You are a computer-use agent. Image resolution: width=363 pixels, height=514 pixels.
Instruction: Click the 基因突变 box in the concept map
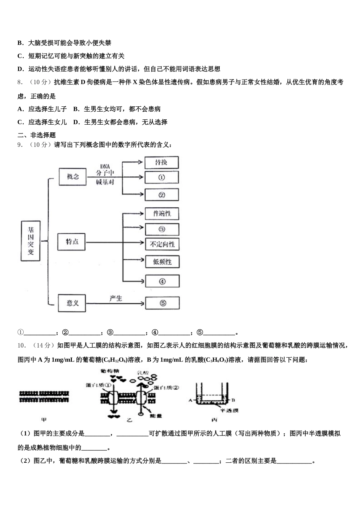point(31,241)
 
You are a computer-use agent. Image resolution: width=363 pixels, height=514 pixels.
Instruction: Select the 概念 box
point(73,176)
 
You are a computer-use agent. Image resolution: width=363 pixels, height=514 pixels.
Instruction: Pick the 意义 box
point(73,303)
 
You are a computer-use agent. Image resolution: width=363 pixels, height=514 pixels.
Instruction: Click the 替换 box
point(161,163)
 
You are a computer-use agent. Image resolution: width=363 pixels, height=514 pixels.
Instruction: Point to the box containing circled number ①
point(161,177)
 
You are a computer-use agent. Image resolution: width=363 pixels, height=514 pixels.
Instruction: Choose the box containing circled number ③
point(162,229)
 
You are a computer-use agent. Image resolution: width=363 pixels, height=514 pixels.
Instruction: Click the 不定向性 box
point(162,244)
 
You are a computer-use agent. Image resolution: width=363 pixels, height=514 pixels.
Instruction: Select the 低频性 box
point(162,262)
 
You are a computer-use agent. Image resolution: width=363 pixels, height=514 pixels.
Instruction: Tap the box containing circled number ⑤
point(162,303)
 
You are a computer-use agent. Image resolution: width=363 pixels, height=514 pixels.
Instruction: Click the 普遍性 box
point(162,213)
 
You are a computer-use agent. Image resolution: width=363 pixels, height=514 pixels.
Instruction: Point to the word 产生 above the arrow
point(115,298)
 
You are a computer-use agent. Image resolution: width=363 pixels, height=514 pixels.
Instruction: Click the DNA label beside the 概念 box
point(105,166)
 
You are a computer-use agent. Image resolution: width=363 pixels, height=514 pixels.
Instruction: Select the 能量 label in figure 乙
point(152,415)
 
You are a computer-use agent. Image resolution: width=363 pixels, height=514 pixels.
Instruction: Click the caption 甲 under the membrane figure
point(44,420)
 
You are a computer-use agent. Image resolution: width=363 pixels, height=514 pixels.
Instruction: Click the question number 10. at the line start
point(22,346)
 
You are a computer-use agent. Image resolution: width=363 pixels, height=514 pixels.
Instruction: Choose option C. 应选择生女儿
point(42,122)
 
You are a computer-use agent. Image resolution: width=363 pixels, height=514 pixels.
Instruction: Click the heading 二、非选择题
point(37,135)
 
